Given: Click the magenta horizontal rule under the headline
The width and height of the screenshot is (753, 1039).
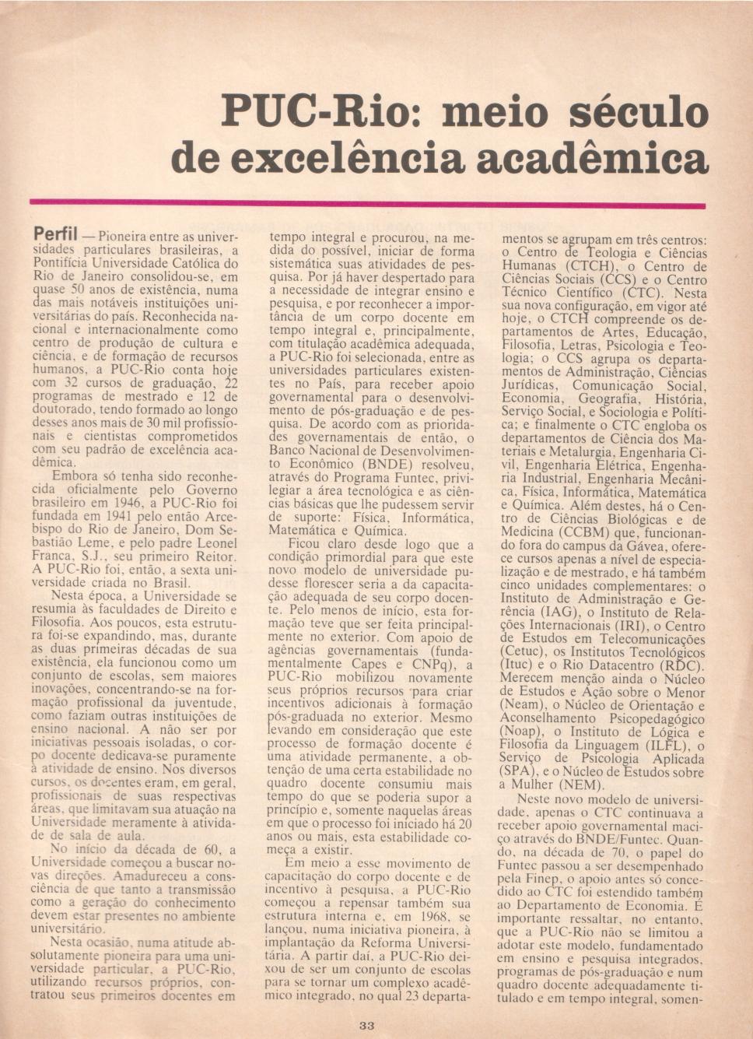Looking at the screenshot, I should (366, 204).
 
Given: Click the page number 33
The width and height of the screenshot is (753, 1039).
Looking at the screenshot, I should (367, 1025).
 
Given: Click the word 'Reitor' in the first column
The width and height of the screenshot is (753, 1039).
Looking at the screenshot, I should (215, 556).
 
